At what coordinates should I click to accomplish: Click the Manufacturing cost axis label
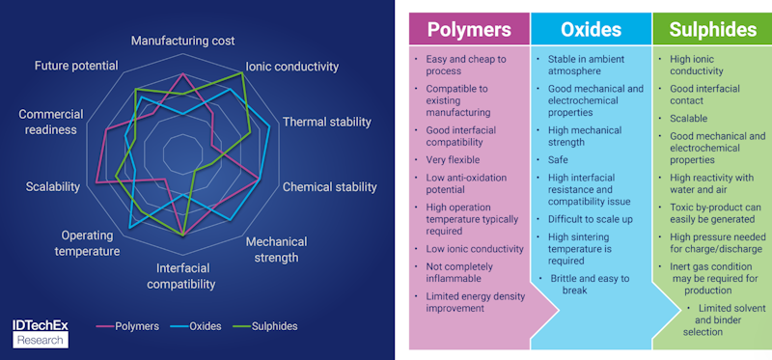coord(182,41)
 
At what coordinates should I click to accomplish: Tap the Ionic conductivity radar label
coord(291,67)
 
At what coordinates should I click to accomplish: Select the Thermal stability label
coord(326,122)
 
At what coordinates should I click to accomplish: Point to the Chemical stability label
coord(329,186)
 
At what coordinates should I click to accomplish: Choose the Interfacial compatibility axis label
coord(181,276)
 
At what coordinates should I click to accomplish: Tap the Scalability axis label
coord(53,186)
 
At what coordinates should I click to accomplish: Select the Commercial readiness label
coord(51,122)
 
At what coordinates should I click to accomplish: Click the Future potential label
coord(76,66)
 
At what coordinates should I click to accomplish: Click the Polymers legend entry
coord(131,326)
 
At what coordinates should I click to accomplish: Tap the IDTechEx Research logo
coord(41,331)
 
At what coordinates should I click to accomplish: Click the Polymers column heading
coord(469,29)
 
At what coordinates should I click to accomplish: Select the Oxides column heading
coord(590,29)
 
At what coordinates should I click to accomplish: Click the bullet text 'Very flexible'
coord(453,159)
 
